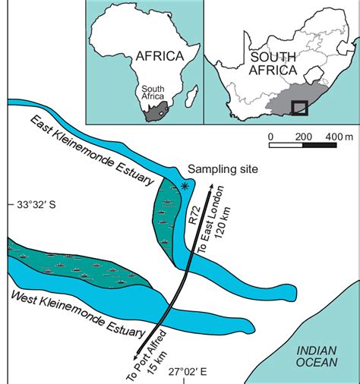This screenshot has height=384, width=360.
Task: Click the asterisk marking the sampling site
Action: [185, 186]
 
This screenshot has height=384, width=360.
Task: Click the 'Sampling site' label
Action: [219, 169]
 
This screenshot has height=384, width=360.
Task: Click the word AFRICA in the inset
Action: [159, 55]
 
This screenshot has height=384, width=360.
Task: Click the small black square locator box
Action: [299, 107]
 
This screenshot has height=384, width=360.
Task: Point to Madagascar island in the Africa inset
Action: [193, 97]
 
